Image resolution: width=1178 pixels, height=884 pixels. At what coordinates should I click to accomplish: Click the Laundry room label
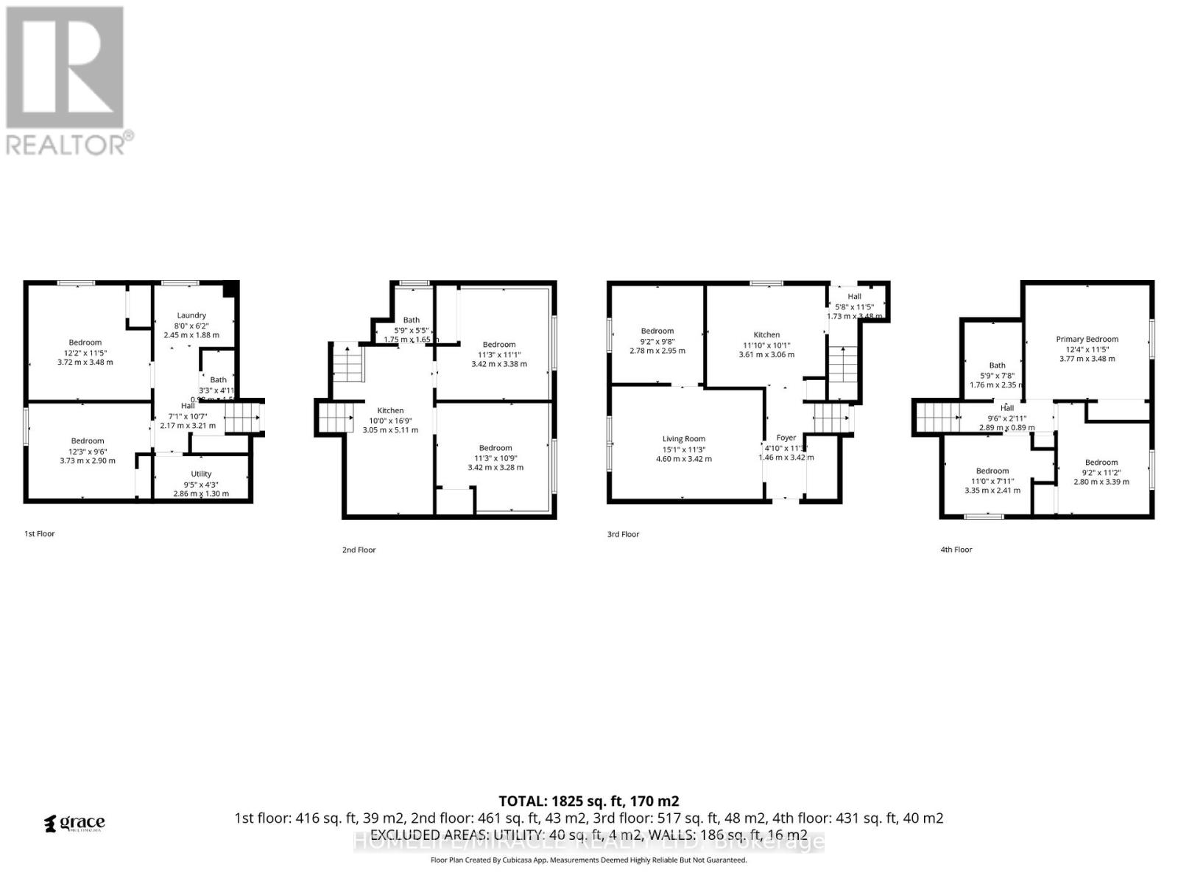[x=191, y=315]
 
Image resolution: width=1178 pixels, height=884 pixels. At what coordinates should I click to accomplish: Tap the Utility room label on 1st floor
[x=201, y=474]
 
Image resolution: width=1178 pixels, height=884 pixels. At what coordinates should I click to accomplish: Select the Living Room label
[x=683, y=439]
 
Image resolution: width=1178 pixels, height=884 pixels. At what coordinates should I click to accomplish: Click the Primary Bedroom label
[x=1087, y=340]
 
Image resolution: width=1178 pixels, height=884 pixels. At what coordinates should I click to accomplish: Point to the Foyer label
[x=786, y=438]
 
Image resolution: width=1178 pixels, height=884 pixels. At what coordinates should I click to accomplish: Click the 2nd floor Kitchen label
[x=390, y=411]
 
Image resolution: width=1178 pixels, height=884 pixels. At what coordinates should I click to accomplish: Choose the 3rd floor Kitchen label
[x=766, y=334]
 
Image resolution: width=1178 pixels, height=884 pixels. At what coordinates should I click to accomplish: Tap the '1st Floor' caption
[x=40, y=533]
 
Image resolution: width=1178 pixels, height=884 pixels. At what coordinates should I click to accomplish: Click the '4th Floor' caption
[x=956, y=550]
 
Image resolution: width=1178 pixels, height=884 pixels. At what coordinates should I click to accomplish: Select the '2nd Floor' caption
[x=359, y=550]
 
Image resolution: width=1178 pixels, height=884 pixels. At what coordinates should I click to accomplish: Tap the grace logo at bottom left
[x=75, y=823]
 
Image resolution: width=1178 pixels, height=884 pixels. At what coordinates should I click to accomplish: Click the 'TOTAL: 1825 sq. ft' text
[x=588, y=801]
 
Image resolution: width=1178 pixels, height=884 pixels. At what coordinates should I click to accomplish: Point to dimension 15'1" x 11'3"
[x=684, y=449]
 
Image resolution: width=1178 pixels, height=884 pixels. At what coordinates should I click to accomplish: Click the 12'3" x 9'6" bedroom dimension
[x=88, y=451]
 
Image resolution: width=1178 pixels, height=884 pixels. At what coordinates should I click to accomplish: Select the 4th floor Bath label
[x=997, y=365]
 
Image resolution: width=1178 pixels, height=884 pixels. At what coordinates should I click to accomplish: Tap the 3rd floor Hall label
[x=854, y=296]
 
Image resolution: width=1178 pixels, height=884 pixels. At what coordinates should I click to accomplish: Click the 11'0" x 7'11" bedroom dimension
[x=992, y=480]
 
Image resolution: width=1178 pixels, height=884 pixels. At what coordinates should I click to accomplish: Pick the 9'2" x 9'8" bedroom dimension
[x=657, y=341]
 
